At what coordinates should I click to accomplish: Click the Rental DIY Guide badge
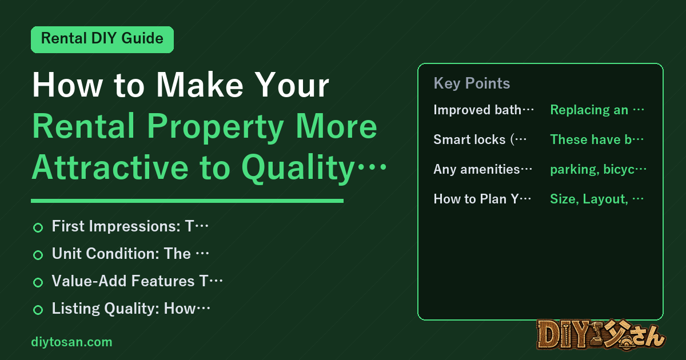(102, 39)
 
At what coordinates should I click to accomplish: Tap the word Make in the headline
(200, 85)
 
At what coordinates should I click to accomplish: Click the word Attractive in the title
(110, 167)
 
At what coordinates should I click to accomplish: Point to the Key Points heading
(472, 83)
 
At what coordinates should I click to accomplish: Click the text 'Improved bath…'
(484, 110)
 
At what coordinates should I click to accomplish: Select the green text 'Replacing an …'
(597, 110)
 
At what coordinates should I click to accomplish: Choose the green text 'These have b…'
(597, 139)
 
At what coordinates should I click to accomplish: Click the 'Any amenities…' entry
(483, 169)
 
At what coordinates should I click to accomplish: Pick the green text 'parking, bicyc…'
(599, 169)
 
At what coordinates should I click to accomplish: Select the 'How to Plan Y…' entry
(482, 199)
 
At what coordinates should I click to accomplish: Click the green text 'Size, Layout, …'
(597, 199)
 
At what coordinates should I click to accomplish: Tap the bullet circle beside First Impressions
(38, 227)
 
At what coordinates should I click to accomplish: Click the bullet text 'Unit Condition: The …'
(130, 254)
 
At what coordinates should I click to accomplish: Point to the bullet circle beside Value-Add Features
(38, 282)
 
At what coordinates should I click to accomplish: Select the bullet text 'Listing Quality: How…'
(131, 308)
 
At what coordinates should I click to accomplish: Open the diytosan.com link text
(71, 342)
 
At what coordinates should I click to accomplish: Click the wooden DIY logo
(601, 335)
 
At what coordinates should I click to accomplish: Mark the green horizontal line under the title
(187, 201)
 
